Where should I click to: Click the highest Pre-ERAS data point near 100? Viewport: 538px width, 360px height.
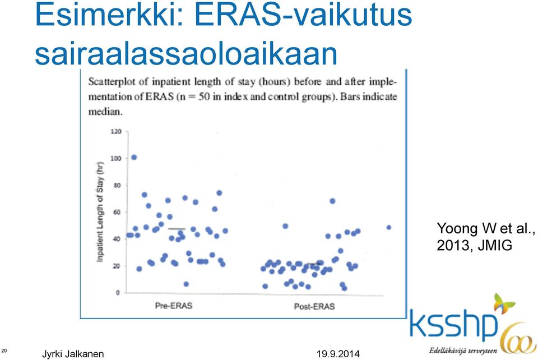pos(134,158)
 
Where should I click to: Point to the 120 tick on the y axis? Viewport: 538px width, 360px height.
pos(116,131)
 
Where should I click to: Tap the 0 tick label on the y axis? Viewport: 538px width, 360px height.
pos(118,293)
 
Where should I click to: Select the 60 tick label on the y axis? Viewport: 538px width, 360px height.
pos(117,212)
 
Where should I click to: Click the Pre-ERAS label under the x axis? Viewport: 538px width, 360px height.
pos(174,306)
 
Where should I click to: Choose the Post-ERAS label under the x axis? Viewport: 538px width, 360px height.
pos(314,306)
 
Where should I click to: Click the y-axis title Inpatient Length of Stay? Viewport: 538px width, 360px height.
pos(100,212)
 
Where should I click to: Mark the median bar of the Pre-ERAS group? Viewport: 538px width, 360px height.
pos(177,229)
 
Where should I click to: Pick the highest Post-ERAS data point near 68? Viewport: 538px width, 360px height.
pos(332,201)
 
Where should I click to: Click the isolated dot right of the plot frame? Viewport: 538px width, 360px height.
pos(389,228)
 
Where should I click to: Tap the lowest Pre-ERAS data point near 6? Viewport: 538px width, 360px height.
pos(186,284)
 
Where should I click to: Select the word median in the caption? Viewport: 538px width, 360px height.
pos(105,112)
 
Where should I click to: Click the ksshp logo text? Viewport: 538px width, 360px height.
pos(453,325)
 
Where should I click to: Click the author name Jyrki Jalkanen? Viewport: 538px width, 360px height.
pos(73,354)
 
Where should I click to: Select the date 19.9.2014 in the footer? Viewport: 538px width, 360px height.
pos(338,354)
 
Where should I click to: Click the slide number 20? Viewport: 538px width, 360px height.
pos(4,350)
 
